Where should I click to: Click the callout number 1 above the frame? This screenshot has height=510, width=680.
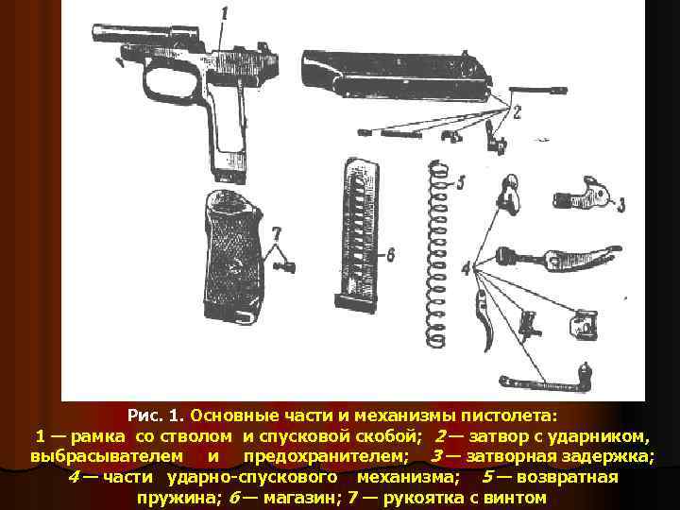(x=224, y=14)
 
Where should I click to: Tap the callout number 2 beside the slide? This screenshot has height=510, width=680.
(x=516, y=112)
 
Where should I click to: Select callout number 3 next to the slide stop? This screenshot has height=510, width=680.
(x=621, y=205)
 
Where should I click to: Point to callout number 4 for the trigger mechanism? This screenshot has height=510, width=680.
(x=466, y=269)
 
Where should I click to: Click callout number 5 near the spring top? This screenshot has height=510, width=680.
(x=460, y=182)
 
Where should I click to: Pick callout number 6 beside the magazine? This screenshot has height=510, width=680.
(x=390, y=255)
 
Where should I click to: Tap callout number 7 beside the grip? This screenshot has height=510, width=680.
(x=276, y=234)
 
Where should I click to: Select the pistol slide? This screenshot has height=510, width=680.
(x=397, y=75)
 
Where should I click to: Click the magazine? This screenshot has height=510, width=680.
(x=357, y=235)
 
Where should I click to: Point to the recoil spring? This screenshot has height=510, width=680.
(x=435, y=253)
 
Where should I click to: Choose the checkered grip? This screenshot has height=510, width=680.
(x=232, y=257)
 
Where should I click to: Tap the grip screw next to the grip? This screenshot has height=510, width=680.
(x=284, y=266)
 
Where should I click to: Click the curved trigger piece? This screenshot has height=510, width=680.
(x=484, y=320)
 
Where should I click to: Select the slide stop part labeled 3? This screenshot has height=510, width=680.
(x=581, y=195)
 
